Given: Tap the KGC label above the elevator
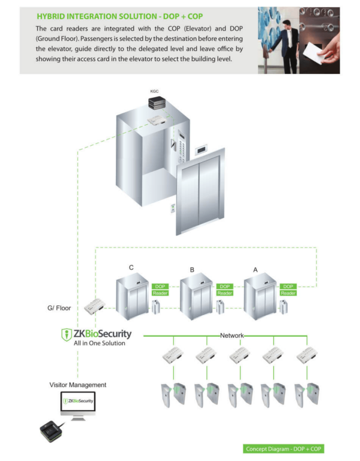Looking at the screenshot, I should pyautogui.click(x=154, y=91).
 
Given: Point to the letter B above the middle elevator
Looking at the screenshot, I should pyautogui.click(x=192, y=270).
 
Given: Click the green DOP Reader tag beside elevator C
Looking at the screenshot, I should pyautogui.click(x=161, y=290).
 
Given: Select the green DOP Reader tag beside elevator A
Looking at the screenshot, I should pyautogui.click(x=288, y=290).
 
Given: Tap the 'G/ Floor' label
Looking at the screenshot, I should pyautogui.click(x=59, y=309).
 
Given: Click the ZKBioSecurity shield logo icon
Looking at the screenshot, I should pyautogui.click(x=67, y=334).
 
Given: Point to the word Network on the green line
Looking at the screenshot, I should pyautogui.click(x=232, y=335).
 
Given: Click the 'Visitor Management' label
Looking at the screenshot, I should pyautogui.click(x=78, y=385).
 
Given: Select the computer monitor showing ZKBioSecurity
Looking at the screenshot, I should pyautogui.click(x=78, y=402).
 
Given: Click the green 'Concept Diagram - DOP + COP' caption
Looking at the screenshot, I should pyautogui.click(x=284, y=449).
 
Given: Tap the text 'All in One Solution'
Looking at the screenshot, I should pyautogui.click(x=100, y=343).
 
